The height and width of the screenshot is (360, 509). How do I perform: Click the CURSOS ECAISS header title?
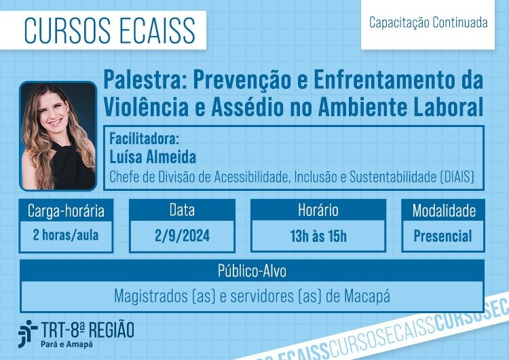(109, 30)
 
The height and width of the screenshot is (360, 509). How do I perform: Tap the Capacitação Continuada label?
(428, 22)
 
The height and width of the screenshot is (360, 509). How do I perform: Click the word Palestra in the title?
(142, 79)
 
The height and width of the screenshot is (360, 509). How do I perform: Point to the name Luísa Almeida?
(153, 157)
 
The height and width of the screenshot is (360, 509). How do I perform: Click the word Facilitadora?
(144, 139)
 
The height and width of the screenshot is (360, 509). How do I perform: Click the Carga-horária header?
(66, 211)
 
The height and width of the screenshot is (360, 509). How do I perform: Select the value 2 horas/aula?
(66, 235)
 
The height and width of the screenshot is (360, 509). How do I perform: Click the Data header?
(182, 210)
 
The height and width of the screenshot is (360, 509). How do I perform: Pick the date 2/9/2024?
(182, 236)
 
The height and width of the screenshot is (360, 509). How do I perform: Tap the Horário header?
(318, 210)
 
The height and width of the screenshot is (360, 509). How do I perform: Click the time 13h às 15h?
(318, 236)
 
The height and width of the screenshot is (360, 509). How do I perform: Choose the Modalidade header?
(444, 211)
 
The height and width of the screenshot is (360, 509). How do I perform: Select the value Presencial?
(442, 236)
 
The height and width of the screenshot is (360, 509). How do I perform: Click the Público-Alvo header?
(252, 271)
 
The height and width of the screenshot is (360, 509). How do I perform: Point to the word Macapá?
(366, 296)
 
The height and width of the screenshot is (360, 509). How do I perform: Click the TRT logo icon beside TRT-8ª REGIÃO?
(27, 334)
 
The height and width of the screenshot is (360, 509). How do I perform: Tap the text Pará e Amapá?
(67, 344)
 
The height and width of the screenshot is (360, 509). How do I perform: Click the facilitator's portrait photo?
(58, 136)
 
